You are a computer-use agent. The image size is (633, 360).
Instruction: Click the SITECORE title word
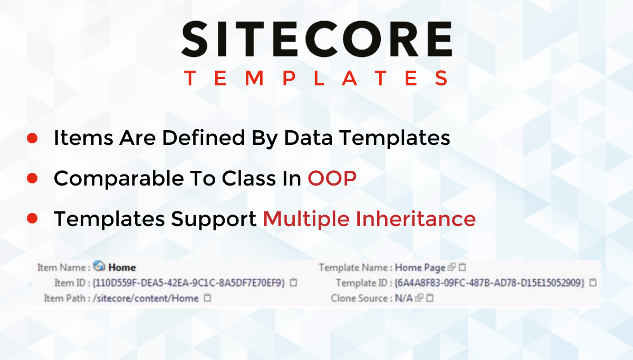(x=317, y=39)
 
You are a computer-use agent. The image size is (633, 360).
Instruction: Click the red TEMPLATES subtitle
(x=316, y=78)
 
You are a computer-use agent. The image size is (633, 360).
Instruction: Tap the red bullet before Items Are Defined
(x=32, y=138)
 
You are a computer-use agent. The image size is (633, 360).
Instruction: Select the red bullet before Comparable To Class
(x=32, y=179)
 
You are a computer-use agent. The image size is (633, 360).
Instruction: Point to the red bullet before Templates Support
(x=32, y=219)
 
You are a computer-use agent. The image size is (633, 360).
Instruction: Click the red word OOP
(x=332, y=179)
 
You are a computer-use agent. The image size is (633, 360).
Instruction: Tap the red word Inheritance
(x=416, y=219)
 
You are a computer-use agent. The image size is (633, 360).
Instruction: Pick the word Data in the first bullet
(x=308, y=138)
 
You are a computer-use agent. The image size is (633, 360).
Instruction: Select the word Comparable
(x=119, y=179)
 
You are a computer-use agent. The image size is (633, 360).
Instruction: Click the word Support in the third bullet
(x=214, y=220)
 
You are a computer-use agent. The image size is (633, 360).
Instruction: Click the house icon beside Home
(x=99, y=266)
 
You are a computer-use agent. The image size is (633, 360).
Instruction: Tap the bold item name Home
(x=122, y=268)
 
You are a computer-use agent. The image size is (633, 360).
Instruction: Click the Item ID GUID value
(x=189, y=283)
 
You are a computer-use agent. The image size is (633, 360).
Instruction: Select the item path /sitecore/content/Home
(x=146, y=298)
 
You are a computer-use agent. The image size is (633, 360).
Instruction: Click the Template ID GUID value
(x=490, y=283)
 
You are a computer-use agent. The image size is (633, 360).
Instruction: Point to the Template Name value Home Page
(x=420, y=268)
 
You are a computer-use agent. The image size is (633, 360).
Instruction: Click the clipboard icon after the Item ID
(x=294, y=283)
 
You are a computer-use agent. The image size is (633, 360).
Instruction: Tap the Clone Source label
(x=359, y=298)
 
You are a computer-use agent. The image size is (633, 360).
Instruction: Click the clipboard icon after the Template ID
(x=593, y=283)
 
